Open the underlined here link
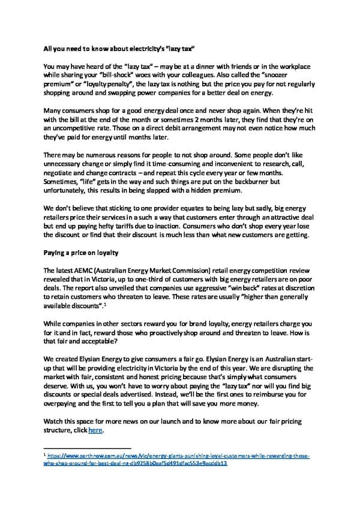pos(95,430)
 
